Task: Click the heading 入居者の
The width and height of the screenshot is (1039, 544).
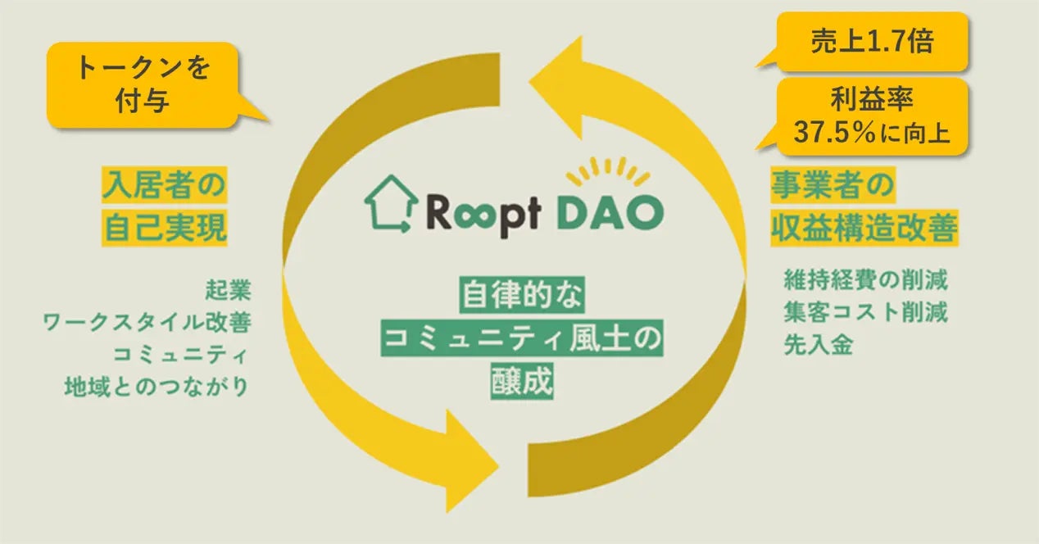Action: click(x=163, y=186)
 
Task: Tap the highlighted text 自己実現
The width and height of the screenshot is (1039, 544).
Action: click(x=164, y=228)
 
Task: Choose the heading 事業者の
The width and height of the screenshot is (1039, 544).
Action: click(x=831, y=186)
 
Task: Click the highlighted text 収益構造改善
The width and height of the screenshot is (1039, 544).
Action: click(x=863, y=228)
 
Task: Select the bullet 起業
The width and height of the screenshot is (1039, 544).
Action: click(x=229, y=290)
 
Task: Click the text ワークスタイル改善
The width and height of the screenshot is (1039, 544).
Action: click(x=147, y=322)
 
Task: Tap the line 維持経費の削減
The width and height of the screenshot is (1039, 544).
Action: click(x=865, y=281)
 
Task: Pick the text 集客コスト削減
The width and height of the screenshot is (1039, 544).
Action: click(x=865, y=312)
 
